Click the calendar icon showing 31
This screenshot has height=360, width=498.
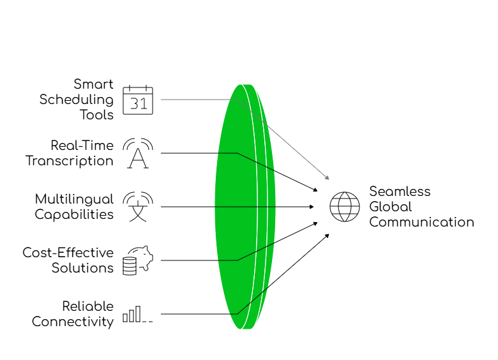(138, 100)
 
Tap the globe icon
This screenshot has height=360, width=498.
(345, 207)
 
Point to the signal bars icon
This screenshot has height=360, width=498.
(138, 314)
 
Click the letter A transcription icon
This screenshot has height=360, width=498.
(138, 153)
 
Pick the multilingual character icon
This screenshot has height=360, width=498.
(138, 207)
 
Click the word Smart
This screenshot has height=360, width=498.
(93, 84)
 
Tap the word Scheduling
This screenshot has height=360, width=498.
(77, 100)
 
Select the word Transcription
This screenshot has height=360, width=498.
(70, 161)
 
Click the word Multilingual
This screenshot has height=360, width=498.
(74, 199)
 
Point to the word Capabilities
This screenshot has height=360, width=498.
(74, 214)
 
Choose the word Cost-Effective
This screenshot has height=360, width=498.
(68, 253)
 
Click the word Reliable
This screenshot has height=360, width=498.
(88, 306)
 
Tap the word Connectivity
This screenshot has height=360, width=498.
(73, 322)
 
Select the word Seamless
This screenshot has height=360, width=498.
(400, 191)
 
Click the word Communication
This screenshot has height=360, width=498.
(422, 222)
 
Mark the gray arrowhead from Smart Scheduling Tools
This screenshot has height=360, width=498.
(327, 178)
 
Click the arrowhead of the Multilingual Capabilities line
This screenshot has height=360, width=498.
(312, 207)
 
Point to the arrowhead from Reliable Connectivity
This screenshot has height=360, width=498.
(327, 236)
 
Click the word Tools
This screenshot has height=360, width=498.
(96, 115)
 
